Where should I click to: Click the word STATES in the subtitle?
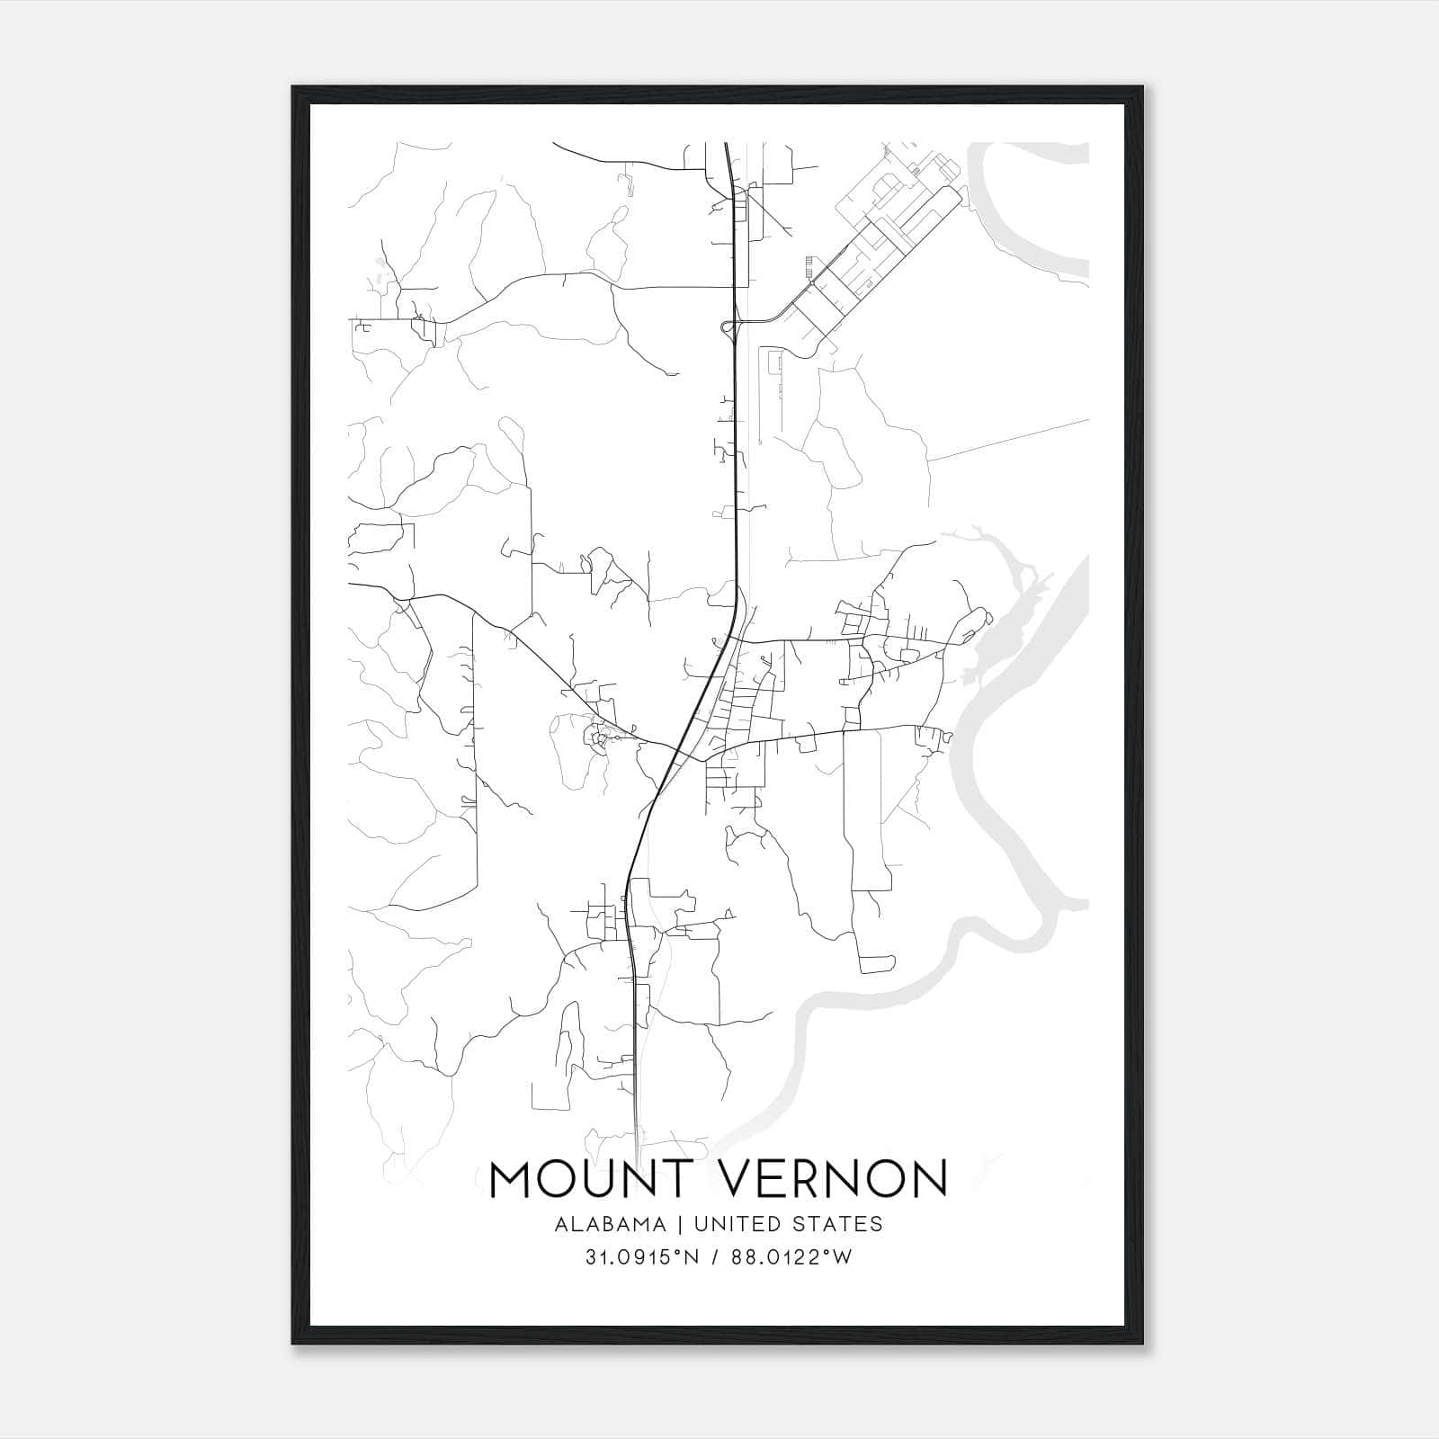point(837,1224)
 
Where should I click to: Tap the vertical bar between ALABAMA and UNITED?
point(681,1224)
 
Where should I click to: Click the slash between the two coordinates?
point(712,1257)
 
